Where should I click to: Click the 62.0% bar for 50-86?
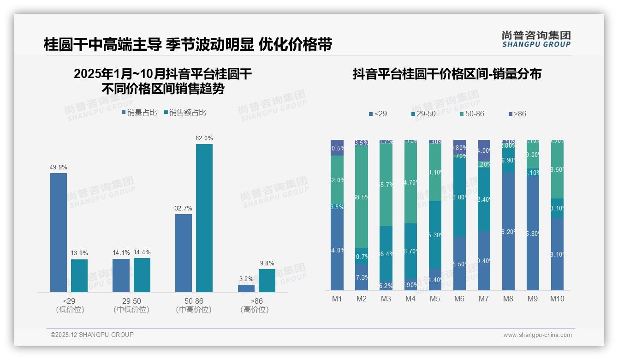(x=204, y=218)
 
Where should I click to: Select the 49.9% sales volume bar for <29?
(x=59, y=232)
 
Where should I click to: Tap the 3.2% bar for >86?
(x=246, y=288)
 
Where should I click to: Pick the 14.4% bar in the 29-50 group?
(x=142, y=275)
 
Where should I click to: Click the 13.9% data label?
(x=79, y=253)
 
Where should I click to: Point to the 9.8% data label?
(x=267, y=263)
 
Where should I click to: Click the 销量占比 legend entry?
(x=139, y=113)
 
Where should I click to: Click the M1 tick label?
(x=337, y=299)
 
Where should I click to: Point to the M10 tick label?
(x=557, y=299)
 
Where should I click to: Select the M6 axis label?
(x=459, y=299)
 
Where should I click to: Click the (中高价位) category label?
(x=194, y=310)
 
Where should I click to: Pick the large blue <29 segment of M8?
(x=508, y=231)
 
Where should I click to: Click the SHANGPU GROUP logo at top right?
(x=536, y=39)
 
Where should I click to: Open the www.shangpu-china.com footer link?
(x=537, y=335)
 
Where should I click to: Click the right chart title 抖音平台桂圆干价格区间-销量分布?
(x=447, y=74)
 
